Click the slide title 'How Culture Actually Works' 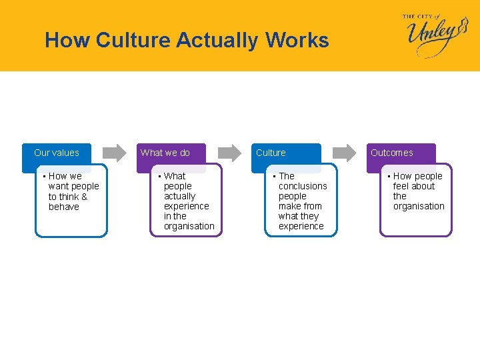(187, 41)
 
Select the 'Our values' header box (57, 153)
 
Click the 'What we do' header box (165, 153)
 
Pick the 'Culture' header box (271, 153)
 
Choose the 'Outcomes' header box (392, 153)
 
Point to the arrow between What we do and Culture (230, 153)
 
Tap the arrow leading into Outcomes (345, 153)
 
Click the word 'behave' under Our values (64, 207)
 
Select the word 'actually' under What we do (180, 196)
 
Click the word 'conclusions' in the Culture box (303, 186)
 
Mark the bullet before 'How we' (44, 177)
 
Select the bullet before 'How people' (389, 177)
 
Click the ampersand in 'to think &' (84, 197)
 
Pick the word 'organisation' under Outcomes (419, 206)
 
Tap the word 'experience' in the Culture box (301, 226)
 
